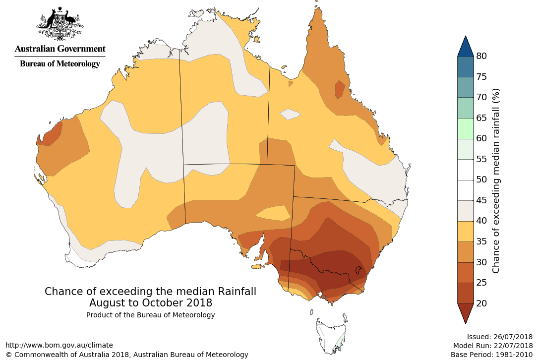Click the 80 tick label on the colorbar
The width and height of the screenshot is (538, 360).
click(481, 56)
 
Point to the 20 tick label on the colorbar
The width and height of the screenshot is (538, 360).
click(481, 303)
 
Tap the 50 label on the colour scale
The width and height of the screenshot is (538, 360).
click(481, 180)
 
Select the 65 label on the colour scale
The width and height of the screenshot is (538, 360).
click(481, 118)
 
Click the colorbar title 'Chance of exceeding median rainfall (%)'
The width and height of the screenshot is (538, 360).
click(496, 181)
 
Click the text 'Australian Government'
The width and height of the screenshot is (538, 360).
click(60, 49)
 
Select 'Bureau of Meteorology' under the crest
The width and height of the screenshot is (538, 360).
click(60, 63)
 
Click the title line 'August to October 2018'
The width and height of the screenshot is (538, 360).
click(151, 302)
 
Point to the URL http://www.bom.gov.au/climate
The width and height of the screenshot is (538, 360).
click(59, 345)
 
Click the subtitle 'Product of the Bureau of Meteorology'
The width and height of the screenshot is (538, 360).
click(151, 315)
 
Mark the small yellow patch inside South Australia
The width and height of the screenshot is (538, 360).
click(274, 213)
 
